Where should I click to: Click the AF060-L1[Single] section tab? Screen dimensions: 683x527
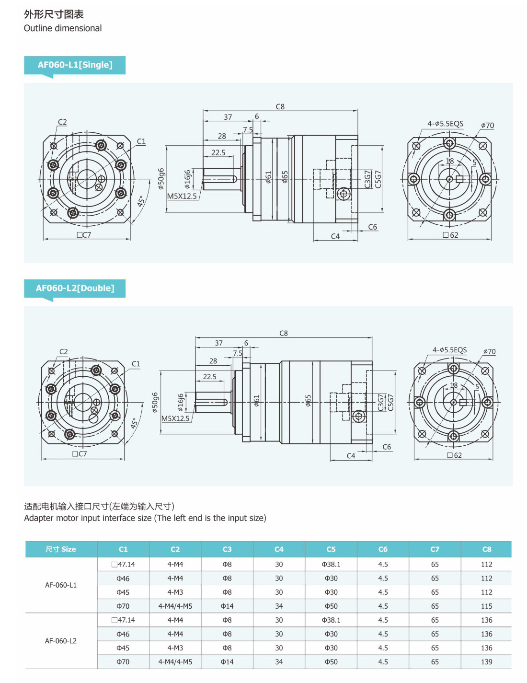(x=75, y=65)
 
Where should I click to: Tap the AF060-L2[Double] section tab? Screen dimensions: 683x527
(x=75, y=289)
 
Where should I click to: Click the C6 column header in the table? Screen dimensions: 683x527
(x=383, y=549)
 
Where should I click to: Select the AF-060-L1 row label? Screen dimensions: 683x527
(x=61, y=585)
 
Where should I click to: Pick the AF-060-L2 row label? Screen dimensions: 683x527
(x=61, y=641)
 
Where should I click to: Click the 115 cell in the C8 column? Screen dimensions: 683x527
(x=486, y=606)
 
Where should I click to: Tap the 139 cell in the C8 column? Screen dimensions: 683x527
(x=486, y=662)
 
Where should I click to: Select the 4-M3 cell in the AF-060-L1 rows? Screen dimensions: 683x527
(x=175, y=592)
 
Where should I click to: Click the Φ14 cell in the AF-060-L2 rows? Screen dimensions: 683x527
(x=227, y=662)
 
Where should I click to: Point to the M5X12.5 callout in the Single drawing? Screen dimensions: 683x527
(x=182, y=196)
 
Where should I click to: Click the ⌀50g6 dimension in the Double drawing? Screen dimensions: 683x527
(x=155, y=403)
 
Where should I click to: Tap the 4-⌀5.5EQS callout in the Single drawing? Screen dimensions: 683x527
(x=446, y=124)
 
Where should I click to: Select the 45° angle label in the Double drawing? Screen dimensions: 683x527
(x=135, y=423)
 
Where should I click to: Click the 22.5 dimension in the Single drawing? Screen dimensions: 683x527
(x=218, y=152)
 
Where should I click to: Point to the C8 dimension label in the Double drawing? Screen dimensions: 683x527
(x=284, y=333)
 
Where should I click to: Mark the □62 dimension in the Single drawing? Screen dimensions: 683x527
(x=451, y=235)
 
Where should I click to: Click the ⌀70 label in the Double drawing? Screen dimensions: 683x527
(x=489, y=352)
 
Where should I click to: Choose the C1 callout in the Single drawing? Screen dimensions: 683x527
(x=141, y=141)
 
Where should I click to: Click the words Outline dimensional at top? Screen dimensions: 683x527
(x=63, y=28)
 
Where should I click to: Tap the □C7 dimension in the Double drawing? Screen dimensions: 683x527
(x=80, y=454)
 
